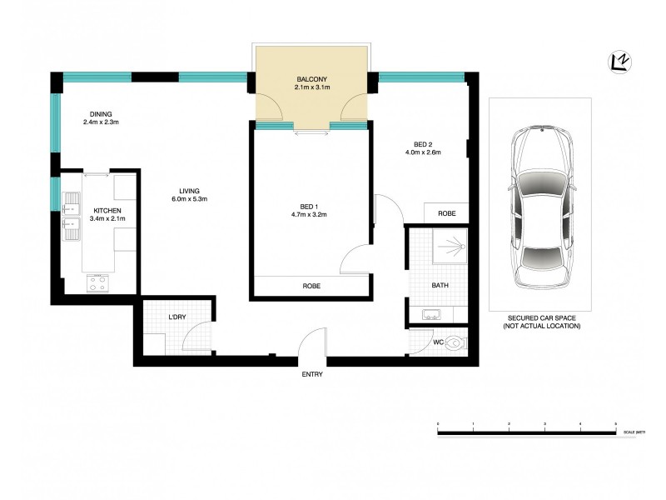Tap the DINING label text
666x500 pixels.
point(102,114)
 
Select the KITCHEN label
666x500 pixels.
point(108,211)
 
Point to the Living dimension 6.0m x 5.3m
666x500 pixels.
point(189,199)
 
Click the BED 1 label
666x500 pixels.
point(307,206)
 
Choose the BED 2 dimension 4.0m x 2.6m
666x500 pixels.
point(422,152)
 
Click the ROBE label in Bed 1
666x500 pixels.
point(311,287)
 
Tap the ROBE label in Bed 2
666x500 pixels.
point(446,213)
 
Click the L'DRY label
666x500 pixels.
point(176,317)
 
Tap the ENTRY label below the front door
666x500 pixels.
point(312,374)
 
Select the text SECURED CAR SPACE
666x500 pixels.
point(540,318)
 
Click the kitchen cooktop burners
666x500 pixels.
point(97,283)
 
